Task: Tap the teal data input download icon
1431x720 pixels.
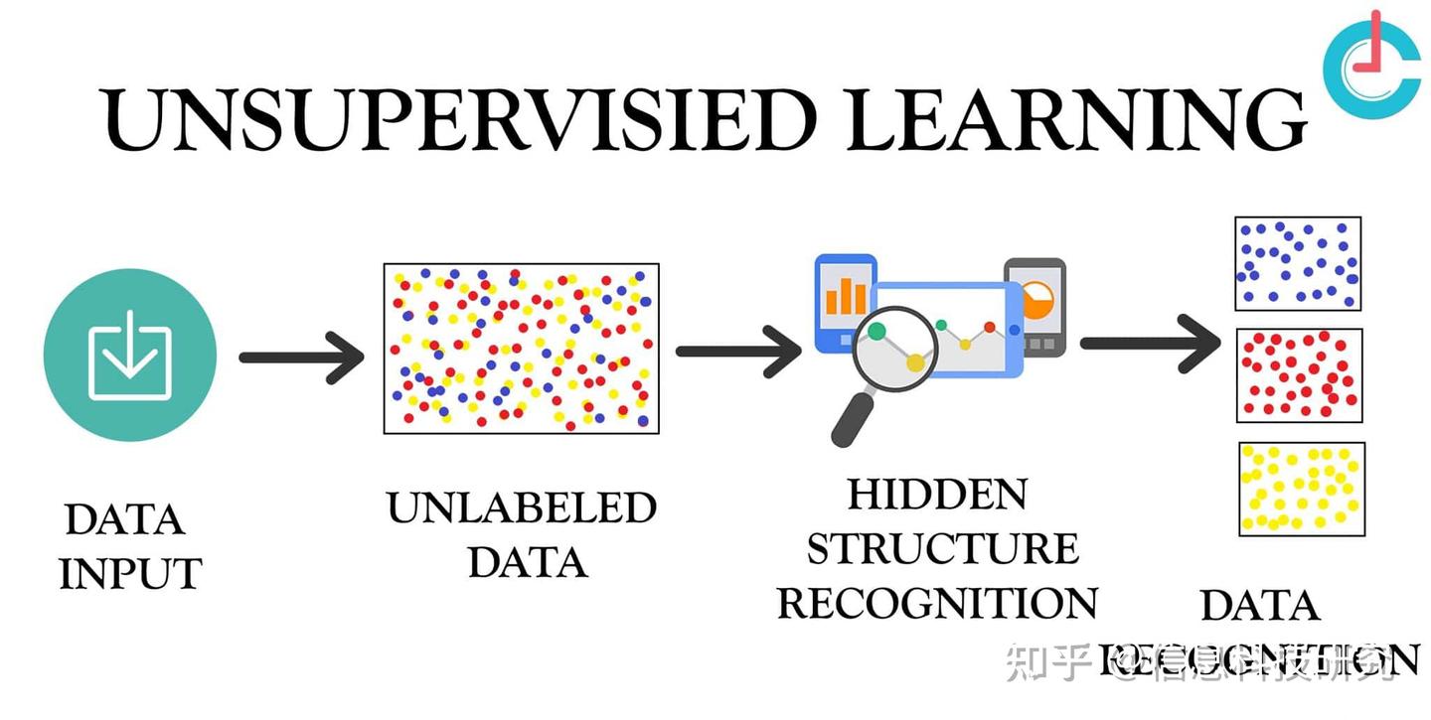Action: coord(130,355)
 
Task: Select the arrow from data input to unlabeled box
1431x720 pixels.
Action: coord(303,356)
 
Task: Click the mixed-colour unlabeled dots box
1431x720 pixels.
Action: coord(522,348)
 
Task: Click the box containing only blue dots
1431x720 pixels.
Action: coord(1298,264)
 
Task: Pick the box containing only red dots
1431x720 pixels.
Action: coord(1299,375)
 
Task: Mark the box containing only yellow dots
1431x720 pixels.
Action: coord(1301,489)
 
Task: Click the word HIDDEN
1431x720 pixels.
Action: coord(937,494)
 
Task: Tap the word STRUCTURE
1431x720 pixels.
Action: coord(941,548)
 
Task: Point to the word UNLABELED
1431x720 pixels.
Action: coord(522,507)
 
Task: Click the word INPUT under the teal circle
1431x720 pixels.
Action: coord(130,573)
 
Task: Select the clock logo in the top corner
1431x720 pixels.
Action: coord(1372,62)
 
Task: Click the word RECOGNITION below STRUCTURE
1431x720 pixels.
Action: coord(937,603)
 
